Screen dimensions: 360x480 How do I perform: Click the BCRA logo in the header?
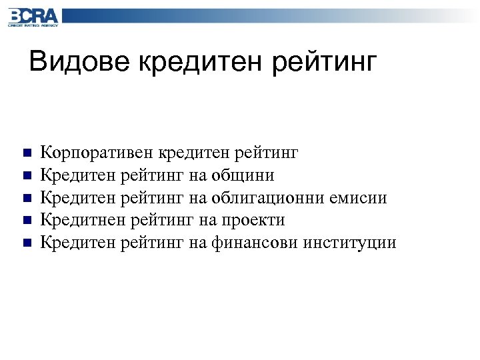pos(33,15)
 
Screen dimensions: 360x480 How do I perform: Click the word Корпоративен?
pos(97,153)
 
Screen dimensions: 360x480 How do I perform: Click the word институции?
pos(349,242)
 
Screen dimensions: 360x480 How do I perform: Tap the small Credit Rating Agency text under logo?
pos(33,25)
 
